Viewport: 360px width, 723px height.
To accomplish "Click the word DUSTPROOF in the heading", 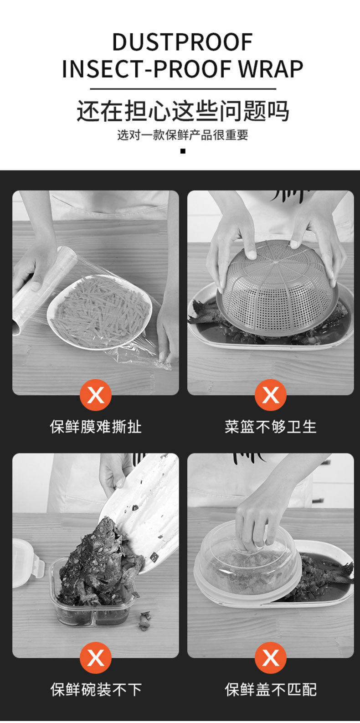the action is [182, 41].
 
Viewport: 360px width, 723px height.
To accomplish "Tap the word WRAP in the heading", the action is [271, 69].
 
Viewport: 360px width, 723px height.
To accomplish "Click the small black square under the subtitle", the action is [183, 151].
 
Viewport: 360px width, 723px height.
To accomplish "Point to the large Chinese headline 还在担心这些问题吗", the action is [182, 111].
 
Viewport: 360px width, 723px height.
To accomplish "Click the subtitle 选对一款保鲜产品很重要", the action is [183, 135].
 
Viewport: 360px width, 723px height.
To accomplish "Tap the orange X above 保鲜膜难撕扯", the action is [96, 395].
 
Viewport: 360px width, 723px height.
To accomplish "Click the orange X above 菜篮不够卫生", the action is [270, 395].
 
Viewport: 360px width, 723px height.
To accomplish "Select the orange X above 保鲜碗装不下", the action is [96, 657].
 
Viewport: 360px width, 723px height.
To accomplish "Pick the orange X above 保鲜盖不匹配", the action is [270, 657].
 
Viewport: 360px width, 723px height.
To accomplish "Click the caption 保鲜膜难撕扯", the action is [96, 427].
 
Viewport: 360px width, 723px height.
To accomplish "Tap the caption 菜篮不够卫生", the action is [271, 427].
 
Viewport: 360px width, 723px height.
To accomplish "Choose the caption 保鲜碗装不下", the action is [96, 690].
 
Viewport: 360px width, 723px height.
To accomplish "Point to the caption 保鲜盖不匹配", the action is [271, 690].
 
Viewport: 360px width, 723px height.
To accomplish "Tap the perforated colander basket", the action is [278, 289].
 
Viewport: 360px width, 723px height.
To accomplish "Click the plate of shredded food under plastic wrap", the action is [100, 311].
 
